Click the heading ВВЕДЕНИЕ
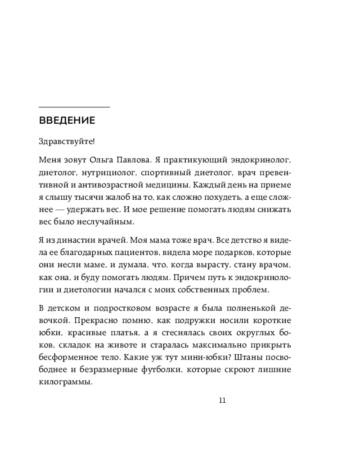coord(67,121)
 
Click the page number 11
coord(221,401)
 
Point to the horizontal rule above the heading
coord(74,107)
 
